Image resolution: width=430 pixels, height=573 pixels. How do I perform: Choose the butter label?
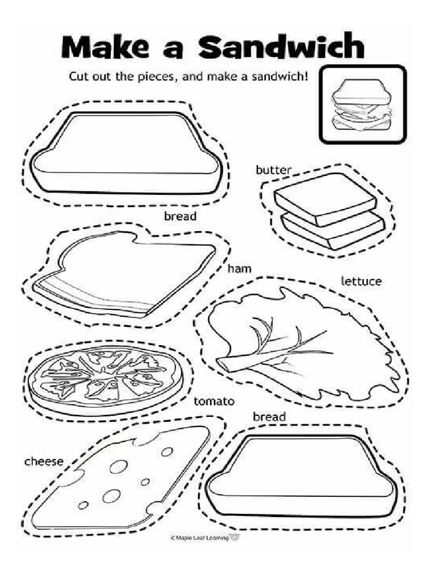coord(274,170)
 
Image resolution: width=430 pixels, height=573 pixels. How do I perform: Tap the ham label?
coord(239,269)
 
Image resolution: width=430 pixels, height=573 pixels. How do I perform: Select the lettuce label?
coord(361,280)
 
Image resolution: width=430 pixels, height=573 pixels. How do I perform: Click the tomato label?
coord(214,401)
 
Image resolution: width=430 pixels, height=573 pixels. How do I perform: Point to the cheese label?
coord(44,462)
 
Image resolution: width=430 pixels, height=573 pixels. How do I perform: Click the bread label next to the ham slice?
coord(180,216)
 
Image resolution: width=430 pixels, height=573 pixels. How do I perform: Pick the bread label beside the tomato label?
coord(269,417)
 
